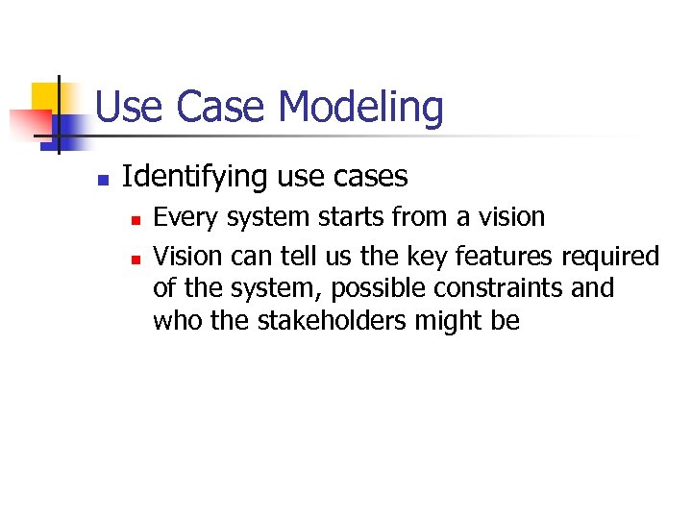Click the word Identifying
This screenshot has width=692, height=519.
[194, 178]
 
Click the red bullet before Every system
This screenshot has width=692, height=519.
[136, 220]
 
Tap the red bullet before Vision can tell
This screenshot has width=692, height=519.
[136, 259]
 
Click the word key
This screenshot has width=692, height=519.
[406, 257]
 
